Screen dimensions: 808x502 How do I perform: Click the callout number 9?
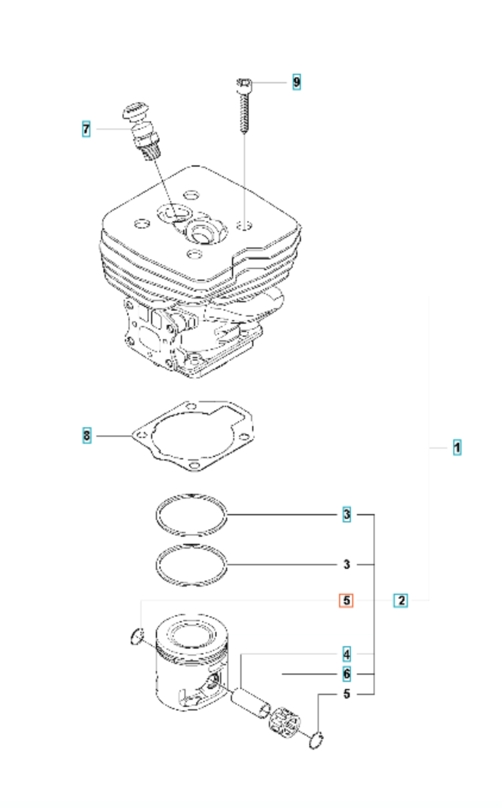pyautogui.click(x=296, y=82)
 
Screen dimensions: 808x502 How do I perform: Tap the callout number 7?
pyautogui.click(x=86, y=129)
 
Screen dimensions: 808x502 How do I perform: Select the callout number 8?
pyautogui.click(x=87, y=436)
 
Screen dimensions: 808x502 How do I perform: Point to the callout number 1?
pyautogui.click(x=456, y=447)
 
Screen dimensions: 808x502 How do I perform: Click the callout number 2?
pyautogui.click(x=401, y=600)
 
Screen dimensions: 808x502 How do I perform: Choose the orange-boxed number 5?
pyautogui.click(x=346, y=600)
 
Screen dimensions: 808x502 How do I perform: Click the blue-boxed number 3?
pyautogui.click(x=346, y=513)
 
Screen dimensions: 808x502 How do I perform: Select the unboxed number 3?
pyautogui.click(x=347, y=564)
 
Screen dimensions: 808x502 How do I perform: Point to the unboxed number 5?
pyautogui.click(x=347, y=693)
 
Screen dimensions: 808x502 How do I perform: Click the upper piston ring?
pyautogui.click(x=192, y=515)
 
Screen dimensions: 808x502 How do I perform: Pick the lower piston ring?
pyautogui.click(x=192, y=566)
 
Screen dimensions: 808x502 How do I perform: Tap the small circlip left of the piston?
pyautogui.click(x=136, y=637)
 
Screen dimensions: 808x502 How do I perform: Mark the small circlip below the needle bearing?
pyautogui.click(x=317, y=741)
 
